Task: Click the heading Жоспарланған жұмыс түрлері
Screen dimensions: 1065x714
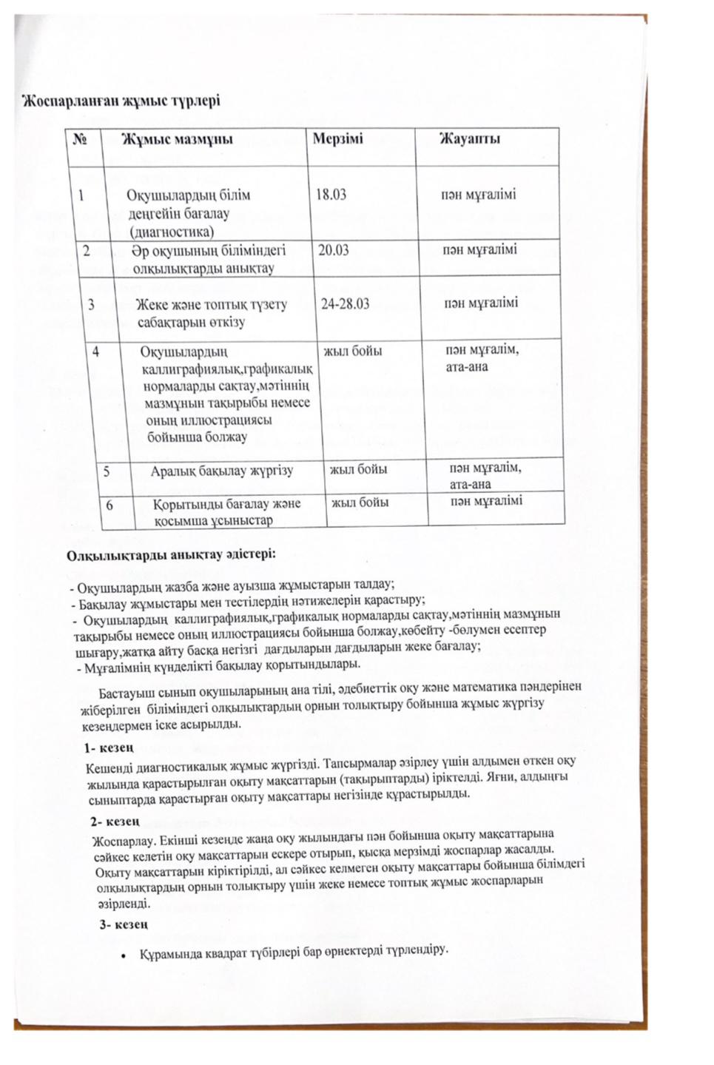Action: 120,101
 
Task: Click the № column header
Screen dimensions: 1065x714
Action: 78,139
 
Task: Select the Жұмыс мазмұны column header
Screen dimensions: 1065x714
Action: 177,140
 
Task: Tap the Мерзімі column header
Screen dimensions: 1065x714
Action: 337,139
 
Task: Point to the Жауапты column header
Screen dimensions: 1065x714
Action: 470,139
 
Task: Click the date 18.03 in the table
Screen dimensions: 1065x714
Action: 331,195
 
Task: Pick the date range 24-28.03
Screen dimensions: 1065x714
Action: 346,304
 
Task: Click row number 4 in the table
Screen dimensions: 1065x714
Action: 97,352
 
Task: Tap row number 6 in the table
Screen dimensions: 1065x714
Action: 110,505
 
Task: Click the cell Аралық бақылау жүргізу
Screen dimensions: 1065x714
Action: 222,471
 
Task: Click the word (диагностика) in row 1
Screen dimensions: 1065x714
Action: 171,232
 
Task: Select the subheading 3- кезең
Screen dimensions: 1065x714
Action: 125,924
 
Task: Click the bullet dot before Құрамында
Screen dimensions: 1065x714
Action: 124,955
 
